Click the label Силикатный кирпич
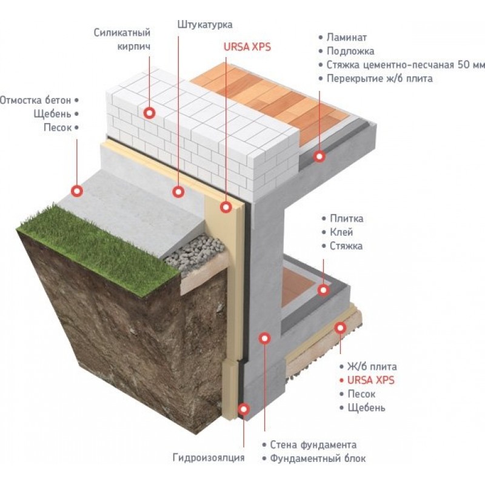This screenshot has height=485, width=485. point(122,39)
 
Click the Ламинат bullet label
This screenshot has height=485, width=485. point(346,38)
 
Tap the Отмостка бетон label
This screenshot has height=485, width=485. point(36,99)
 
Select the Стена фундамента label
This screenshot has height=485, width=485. point(313,445)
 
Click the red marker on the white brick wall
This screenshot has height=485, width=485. point(149,112)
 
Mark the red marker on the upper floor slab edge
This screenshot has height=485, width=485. point(319,156)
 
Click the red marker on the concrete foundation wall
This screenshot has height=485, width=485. point(264,338)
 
